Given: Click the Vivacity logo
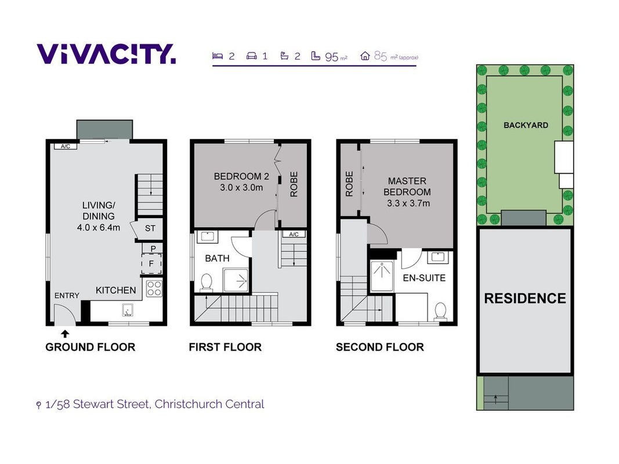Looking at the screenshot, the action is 106,54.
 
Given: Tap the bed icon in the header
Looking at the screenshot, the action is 218,56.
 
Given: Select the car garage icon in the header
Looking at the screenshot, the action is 251,56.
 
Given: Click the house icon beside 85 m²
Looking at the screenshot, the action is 365,56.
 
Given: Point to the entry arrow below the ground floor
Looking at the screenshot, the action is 65,334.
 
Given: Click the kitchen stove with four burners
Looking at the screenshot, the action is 154,288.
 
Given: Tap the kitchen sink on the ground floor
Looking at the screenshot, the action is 128,310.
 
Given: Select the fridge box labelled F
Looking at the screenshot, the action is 151,263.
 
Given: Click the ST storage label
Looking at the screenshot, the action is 150,228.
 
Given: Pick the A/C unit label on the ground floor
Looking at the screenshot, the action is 66,146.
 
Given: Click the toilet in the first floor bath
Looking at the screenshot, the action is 206,283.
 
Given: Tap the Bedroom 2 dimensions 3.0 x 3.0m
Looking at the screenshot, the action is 241,188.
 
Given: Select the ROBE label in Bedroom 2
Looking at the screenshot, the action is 294,184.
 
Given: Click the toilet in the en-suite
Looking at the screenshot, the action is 440,310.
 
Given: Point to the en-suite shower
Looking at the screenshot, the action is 382,276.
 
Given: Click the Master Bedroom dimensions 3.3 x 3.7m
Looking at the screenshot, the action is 408,204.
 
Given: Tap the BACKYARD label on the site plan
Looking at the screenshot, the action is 526,125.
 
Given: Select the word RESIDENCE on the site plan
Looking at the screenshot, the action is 525,298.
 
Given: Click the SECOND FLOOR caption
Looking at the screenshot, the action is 380,347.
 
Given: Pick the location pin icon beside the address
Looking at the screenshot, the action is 38,405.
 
